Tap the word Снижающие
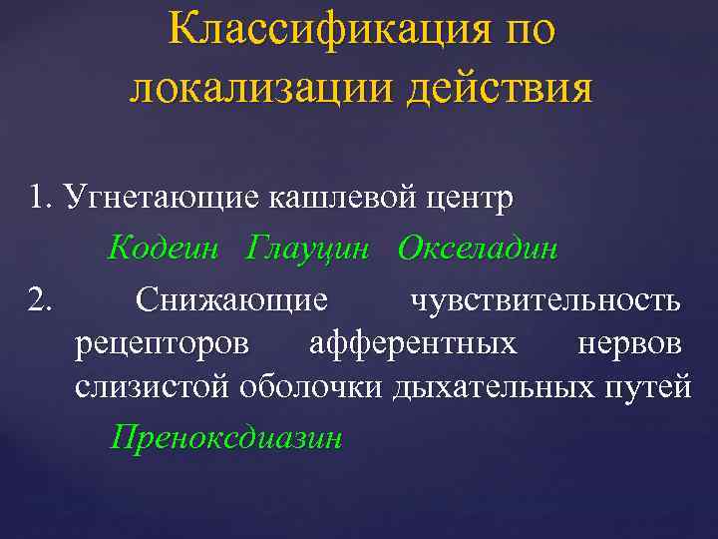(231, 298)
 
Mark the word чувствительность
(546, 298)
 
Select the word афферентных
(413, 343)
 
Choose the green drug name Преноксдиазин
(225, 436)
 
